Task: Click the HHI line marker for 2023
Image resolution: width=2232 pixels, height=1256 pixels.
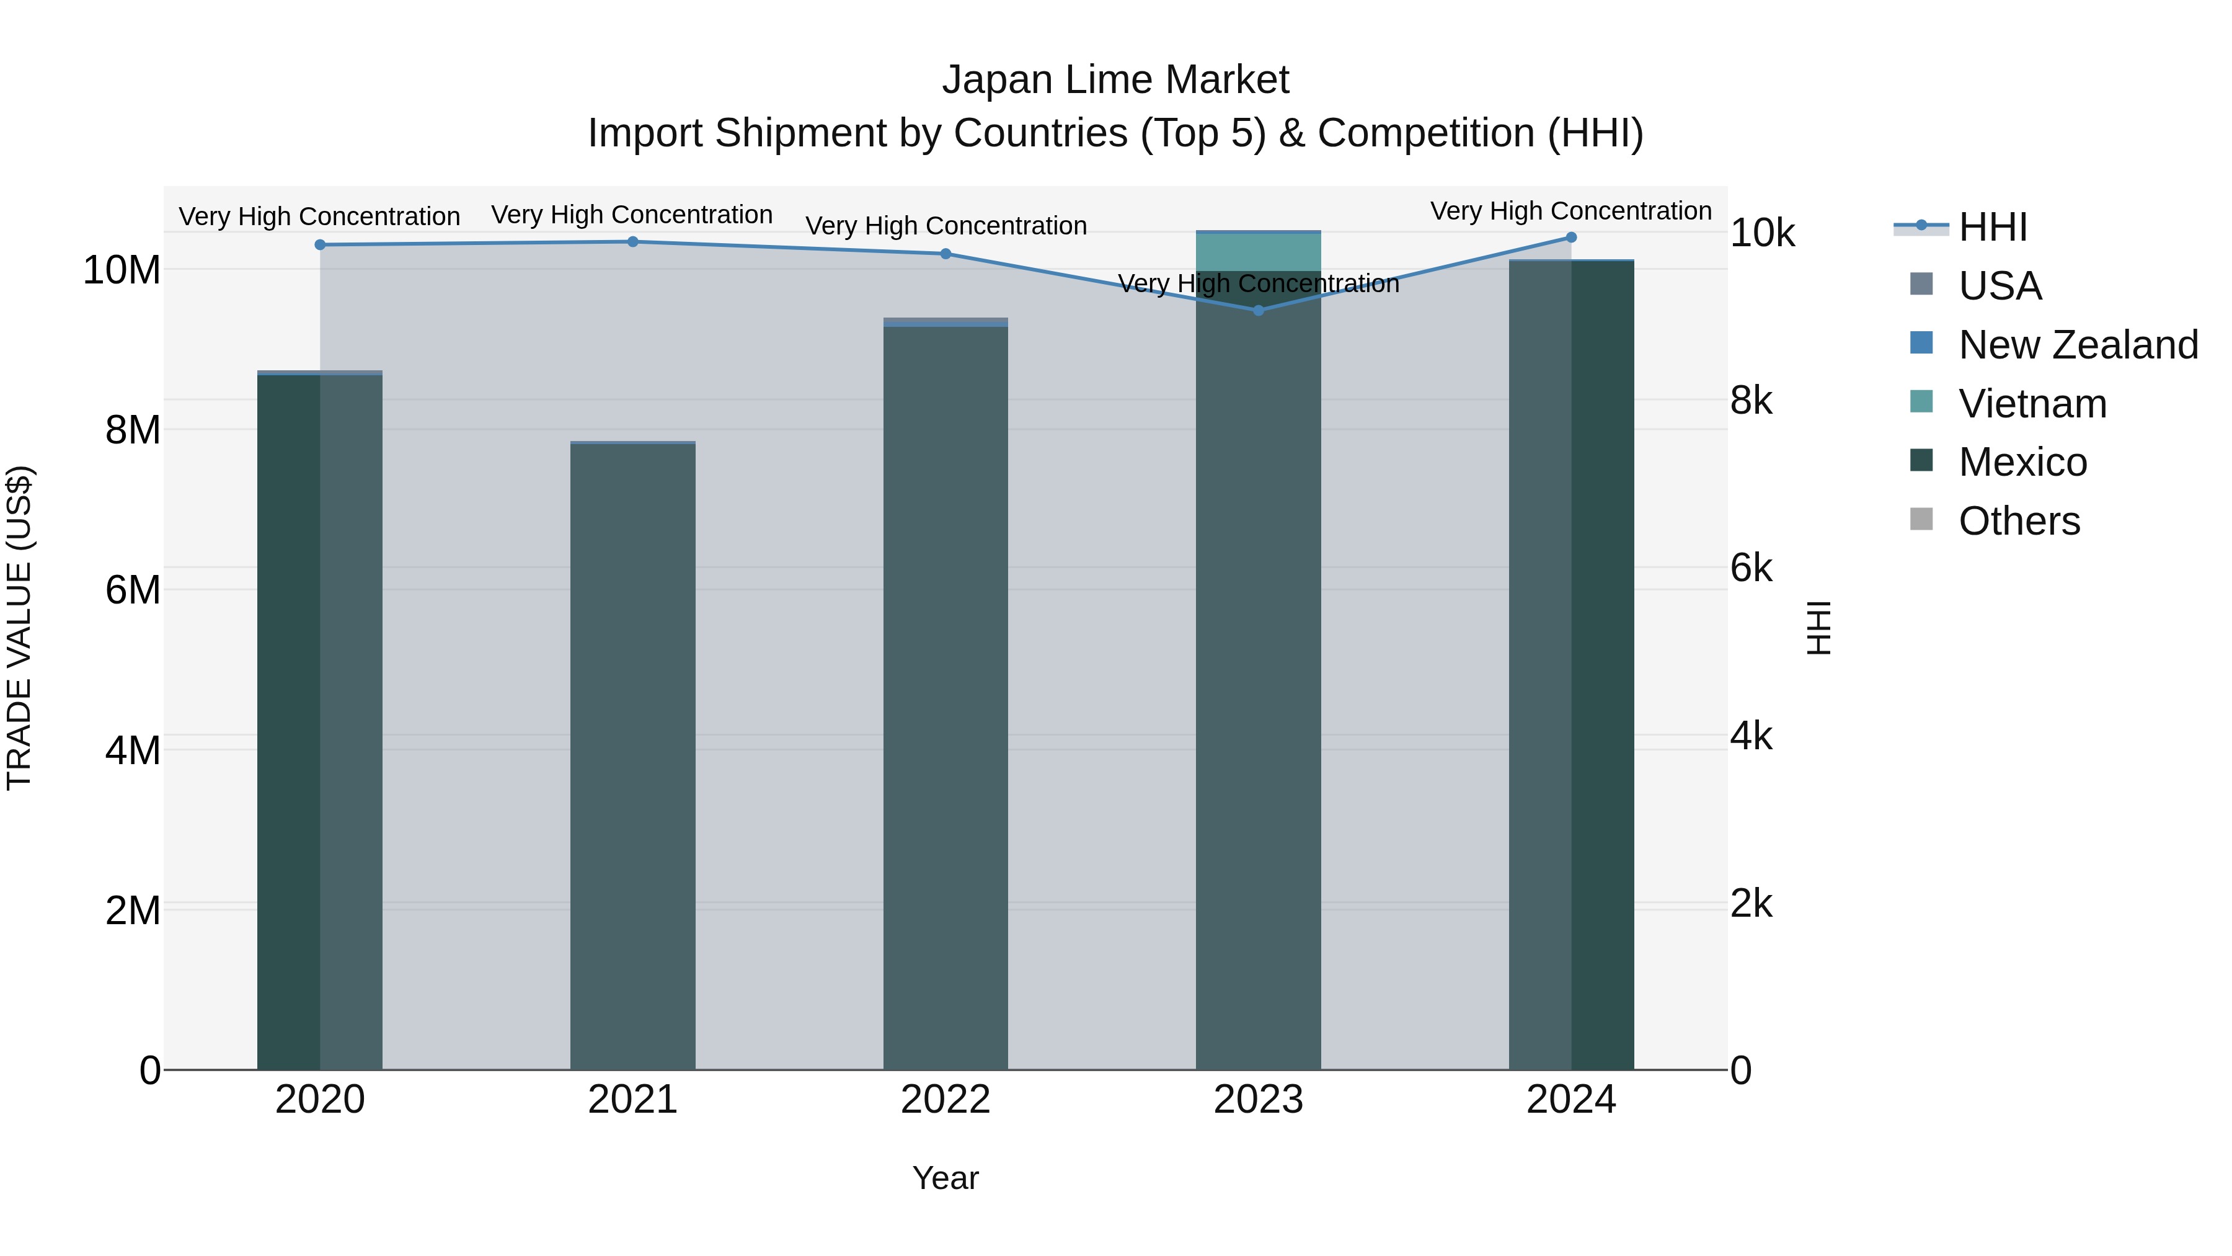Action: (x=1258, y=310)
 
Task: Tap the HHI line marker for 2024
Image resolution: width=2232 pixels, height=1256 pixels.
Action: (x=1571, y=238)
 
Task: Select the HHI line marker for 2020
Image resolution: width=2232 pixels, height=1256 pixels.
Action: (x=320, y=244)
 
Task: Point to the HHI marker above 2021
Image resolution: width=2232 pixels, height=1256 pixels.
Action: (x=632, y=242)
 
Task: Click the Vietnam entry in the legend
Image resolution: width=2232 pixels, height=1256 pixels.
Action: (x=2032, y=404)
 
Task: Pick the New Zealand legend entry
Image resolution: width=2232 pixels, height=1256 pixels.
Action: (x=2078, y=345)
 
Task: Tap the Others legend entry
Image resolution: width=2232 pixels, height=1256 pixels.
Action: (x=2019, y=521)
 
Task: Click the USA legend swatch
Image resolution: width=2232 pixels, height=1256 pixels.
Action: (x=1921, y=284)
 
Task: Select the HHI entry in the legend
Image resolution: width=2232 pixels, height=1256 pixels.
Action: (x=1992, y=227)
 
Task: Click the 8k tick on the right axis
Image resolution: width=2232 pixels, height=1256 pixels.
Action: (x=1751, y=401)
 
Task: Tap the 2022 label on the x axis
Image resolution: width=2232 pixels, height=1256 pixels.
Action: (x=945, y=1100)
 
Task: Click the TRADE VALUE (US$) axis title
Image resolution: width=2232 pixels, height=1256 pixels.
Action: (x=19, y=628)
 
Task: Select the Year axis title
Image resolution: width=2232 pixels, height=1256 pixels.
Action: (x=945, y=1178)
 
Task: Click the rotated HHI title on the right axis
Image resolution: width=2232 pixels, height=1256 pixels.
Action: (x=1818, y=628)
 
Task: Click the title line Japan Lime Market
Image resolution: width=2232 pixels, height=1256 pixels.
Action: (x=1115, y=80)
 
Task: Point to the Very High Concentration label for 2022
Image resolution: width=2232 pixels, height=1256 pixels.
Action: (x=945, y=226)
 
